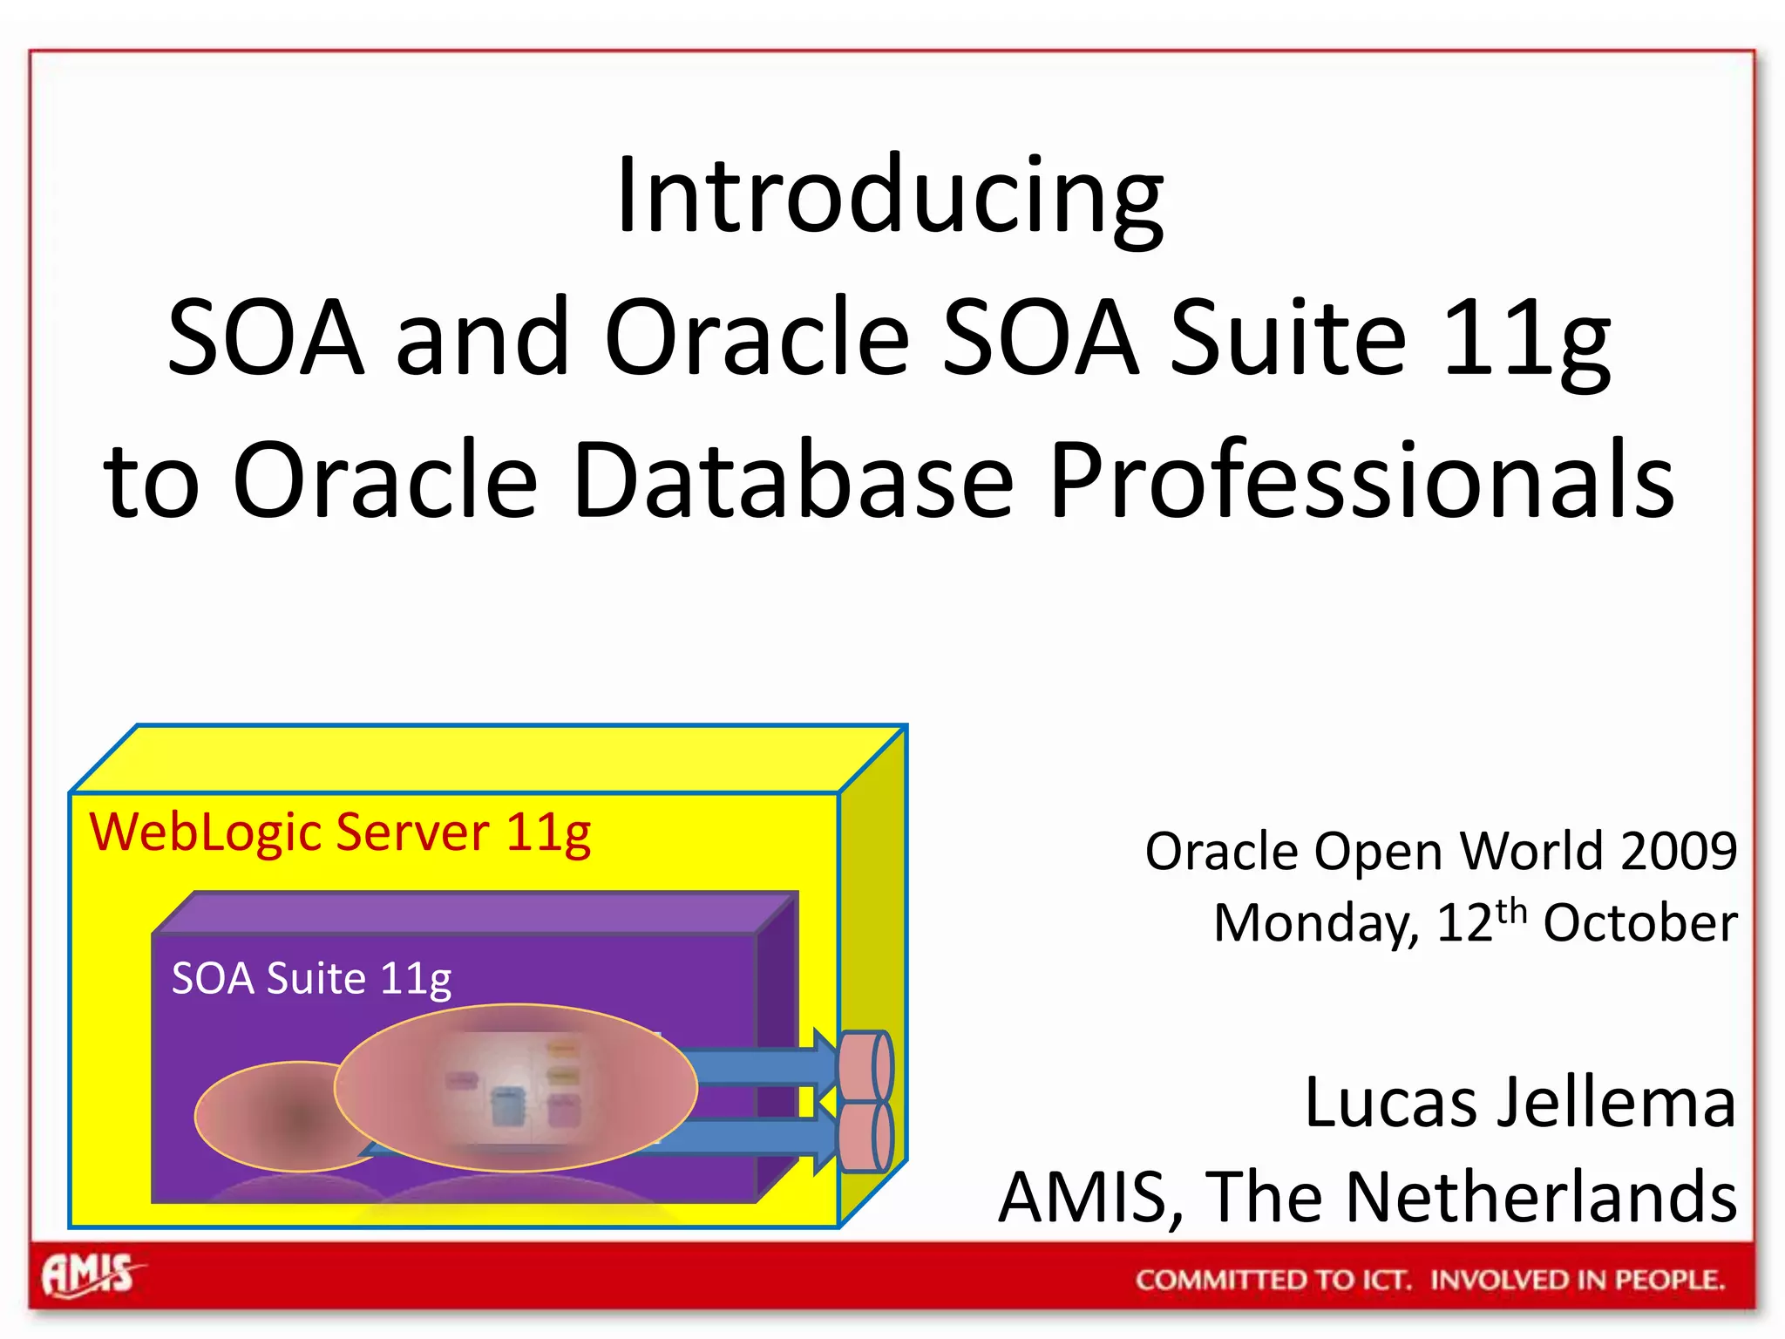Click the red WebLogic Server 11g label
click(340, 833)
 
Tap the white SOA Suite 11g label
click(311, 978)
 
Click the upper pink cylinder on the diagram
click(865, 1065)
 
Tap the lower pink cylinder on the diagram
click(865, 1136)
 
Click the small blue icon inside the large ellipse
click(508, 1105)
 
